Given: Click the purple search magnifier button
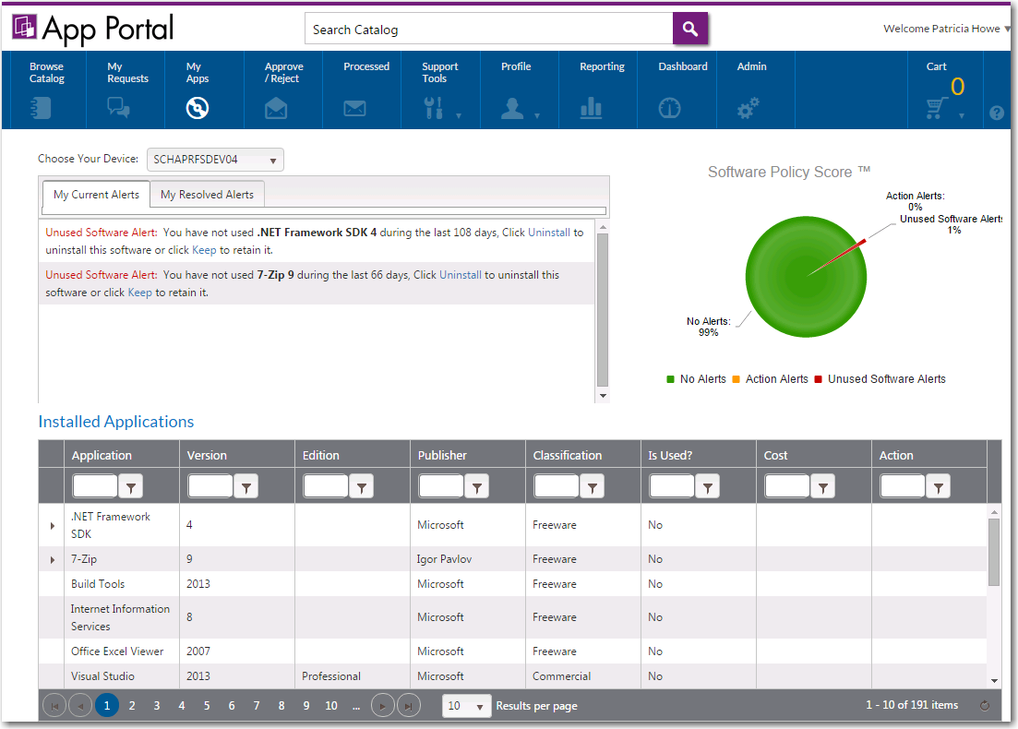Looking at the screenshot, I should tap(689, 29).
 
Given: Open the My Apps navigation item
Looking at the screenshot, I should tap(198, 90).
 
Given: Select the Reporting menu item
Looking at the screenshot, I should tap(602, 90).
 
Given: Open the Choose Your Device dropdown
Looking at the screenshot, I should tap(216, 160).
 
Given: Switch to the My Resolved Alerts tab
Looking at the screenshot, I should tap(207, 195).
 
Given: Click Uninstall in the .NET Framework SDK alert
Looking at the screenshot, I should tap(549, 233).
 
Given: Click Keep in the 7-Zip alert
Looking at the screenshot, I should tap(140, 293).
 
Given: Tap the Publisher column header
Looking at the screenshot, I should tap(443, 455).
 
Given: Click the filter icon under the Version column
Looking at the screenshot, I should tap(246, 487).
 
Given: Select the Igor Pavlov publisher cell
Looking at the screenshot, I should tap(444, 559).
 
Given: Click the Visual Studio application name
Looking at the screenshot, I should tap(103, 676).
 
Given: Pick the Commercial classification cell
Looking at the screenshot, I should tap(561, 676).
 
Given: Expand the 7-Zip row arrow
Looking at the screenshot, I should tap(52, 560).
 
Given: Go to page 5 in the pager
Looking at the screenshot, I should tap(207, 706).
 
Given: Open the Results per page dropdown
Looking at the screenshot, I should tap(467, 706).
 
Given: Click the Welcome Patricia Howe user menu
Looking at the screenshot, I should tap(946, 29).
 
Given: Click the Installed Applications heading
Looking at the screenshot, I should tap(116, 422).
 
